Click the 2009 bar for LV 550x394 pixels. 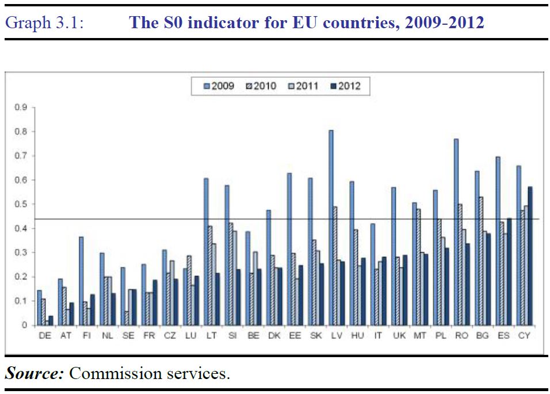click(x=331, y=228)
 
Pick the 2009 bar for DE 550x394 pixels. click(x=40, y=308)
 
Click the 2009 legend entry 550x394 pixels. click(x=219, y=86)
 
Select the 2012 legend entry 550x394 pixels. click(x=345, y=86)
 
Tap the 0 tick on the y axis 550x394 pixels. click(x=24, y=325)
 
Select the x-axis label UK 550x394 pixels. click(x=399, y=336)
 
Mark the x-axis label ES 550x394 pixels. click(x=503, y=336)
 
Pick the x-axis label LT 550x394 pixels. click(x=211, y=336)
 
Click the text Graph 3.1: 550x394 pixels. click(x=44, y=23)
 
